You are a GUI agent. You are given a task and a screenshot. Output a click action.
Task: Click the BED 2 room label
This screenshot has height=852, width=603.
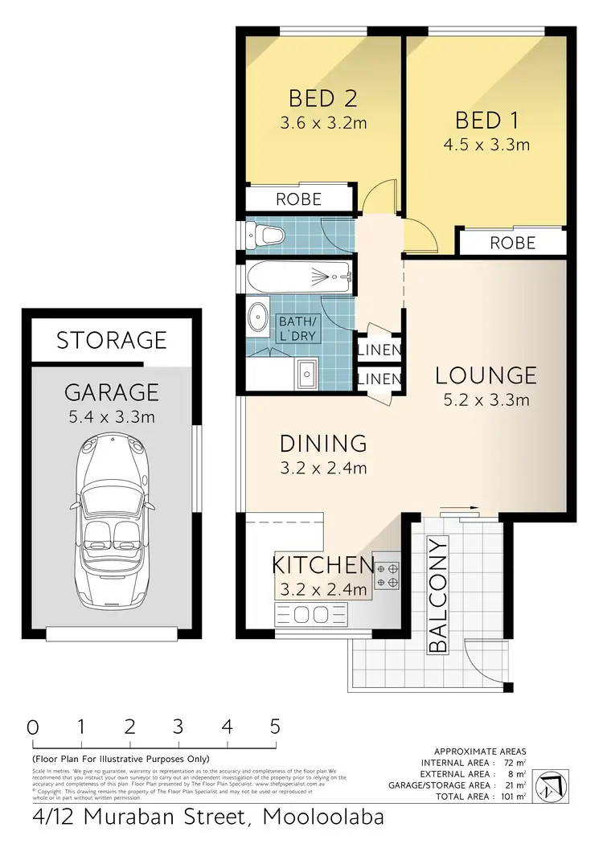(322, 99)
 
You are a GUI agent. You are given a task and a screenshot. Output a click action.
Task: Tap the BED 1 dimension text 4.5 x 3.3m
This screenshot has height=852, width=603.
(492, 145)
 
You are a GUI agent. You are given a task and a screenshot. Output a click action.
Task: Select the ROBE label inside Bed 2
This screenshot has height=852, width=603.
(298, 199)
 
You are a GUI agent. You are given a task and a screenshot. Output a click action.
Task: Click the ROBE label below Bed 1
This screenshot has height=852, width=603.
(512, 241)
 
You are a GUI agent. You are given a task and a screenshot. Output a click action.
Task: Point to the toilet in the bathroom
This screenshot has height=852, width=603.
(266, 235)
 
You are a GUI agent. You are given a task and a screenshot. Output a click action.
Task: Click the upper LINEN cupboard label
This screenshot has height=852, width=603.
(379, 350)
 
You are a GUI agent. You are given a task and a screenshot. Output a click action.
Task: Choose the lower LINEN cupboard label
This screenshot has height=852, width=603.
(379, 378)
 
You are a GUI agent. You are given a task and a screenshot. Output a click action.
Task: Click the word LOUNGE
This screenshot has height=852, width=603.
(486, 375)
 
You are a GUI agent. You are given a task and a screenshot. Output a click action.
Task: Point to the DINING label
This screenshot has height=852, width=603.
(323, 443)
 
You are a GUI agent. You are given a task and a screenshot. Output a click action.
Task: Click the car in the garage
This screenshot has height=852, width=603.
(113, 518)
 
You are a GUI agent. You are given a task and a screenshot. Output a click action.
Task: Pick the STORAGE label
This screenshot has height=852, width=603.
(111, 340)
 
